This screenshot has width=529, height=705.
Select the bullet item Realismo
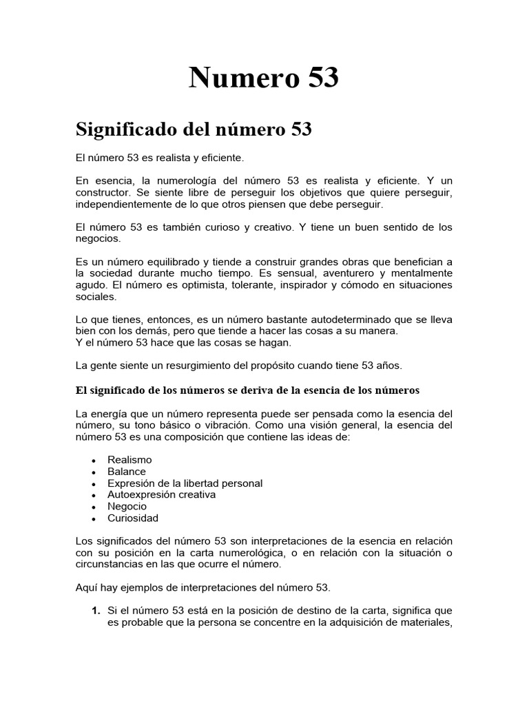[129, 459]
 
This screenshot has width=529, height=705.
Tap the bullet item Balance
[127, 472]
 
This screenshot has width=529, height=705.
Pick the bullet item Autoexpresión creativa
[162, 494]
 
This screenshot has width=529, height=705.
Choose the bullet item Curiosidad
[133, 518]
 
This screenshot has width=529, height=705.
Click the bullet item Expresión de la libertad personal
[185, 483]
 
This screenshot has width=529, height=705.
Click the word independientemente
[123, 204]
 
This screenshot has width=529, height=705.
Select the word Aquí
[86, 588]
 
